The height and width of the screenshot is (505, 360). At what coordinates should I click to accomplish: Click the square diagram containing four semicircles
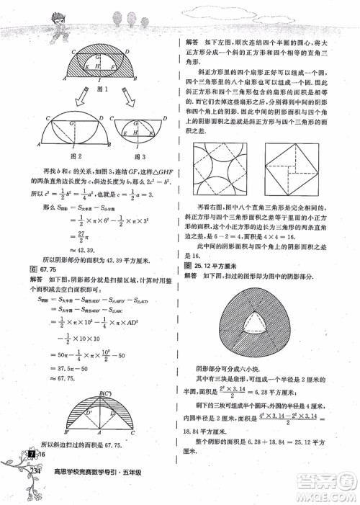pyautogui.click(x=218, y=169)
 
